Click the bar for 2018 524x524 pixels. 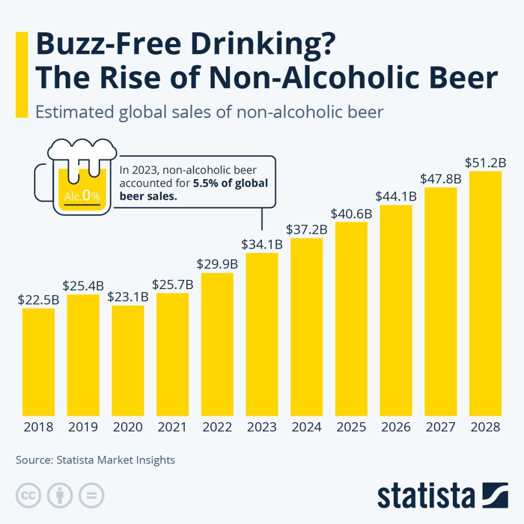click(x=38, y=362)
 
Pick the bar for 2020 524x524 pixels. click(x=128, y=360)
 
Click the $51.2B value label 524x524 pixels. click(x=485, y=163)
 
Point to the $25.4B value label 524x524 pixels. click(x=83, y=285)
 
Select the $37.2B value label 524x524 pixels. click(x=307, y=230)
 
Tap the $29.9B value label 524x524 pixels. click(x=217, y=264)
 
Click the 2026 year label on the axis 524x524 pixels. click(x=396, y=427)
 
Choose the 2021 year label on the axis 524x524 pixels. click(x=172, y=427)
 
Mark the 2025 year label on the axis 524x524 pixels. click(x=351, y=427)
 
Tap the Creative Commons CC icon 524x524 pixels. click(x=29, y=495)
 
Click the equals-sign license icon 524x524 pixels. click(x=91, y=495)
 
